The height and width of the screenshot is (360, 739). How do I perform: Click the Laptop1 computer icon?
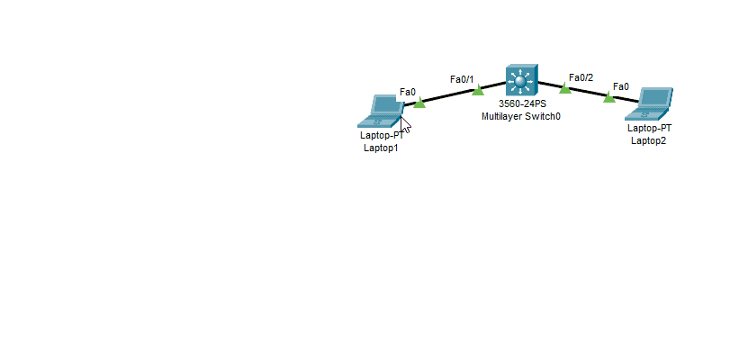pyautogui.click(x=381, y=112)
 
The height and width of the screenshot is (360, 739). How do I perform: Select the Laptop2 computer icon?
pyautogui.click(x=649, y=103)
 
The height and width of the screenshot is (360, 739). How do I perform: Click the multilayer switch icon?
pyautogui.click(x=522, y=81)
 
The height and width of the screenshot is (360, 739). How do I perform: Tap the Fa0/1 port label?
pyautogui.click(x=462, y=79)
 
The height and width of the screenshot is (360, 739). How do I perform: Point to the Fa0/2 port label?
pyautogui.click(x=581, y=77)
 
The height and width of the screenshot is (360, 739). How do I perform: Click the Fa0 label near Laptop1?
pyautogui.click(x=408, y=92)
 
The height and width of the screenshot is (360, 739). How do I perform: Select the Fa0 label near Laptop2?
pyautogui.click(x=621, y=86)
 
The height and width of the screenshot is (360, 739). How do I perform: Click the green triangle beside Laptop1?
pyautogui.click(x=419, y=103)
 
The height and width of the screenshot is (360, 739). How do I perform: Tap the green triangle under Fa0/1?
pyautogui.click(x=478, y=89)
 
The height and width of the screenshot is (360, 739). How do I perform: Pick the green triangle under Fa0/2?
pyautogui.click(x=565, y=87)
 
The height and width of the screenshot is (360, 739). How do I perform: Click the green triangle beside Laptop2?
pyautogui.click(x=609, y=96)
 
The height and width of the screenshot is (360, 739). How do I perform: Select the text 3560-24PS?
pyautogui.click(x=522, y=104)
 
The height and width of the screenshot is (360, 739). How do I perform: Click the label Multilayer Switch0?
pyautogui.click(x=521, y=116)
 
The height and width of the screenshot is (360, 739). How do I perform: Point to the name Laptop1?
pyautogui.click(x=381, y=148)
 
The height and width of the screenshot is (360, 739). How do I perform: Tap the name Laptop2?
pyautogui.click(x=649, y=140)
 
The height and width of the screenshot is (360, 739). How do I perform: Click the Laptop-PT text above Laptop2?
pyautogui.click(x=649, y=128)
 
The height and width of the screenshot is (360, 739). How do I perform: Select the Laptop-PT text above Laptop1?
pyautogui.click(x=382, y=136)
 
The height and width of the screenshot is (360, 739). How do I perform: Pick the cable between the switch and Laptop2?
pyautogui.click(x=589, y=93)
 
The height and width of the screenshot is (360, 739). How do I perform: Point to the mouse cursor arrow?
pyautogui.click(x=405, y=125)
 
